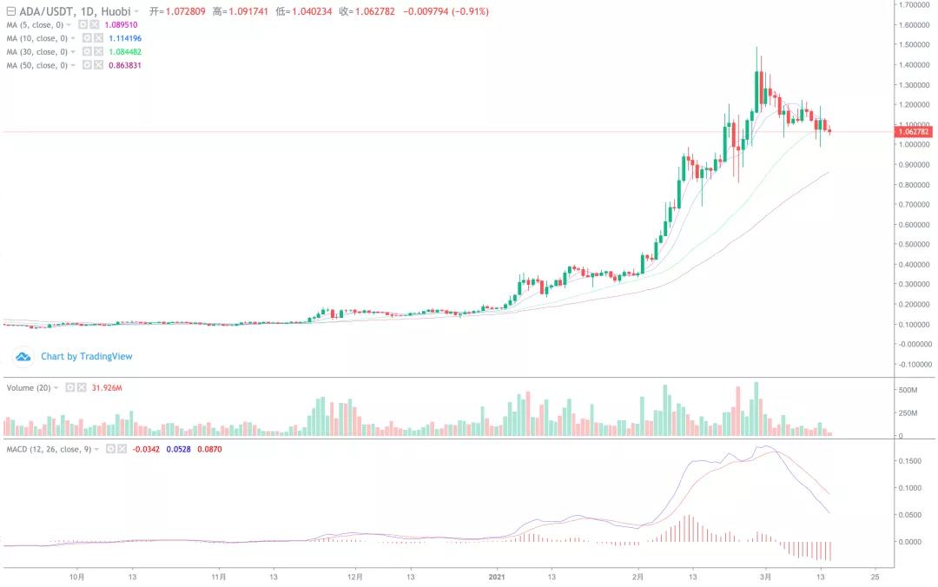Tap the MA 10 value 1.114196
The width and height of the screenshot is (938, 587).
124,38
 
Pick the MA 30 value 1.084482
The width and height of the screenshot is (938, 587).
124,52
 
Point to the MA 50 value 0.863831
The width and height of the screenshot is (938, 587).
124,65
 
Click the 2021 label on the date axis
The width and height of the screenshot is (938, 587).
497,576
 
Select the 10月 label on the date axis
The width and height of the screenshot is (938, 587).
77,576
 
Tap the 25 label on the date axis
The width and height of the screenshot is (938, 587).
875,576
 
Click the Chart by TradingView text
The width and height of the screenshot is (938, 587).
86,356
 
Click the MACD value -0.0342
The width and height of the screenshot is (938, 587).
143,449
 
